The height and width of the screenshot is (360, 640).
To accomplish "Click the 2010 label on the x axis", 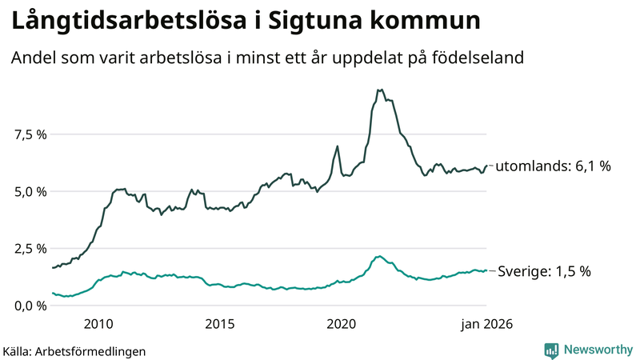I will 98,324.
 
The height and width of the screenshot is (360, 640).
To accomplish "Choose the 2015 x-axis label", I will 219,324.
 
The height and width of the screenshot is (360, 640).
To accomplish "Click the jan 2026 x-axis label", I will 485,324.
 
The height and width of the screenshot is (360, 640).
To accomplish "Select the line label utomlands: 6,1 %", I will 553,166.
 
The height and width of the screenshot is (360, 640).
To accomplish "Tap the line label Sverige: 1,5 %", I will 544,271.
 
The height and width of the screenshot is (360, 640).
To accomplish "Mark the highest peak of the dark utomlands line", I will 379,90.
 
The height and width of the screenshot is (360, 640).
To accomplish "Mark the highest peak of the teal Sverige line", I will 378,257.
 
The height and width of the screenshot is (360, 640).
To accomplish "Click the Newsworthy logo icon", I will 551,350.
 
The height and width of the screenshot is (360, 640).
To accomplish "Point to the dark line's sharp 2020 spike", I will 338,146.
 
